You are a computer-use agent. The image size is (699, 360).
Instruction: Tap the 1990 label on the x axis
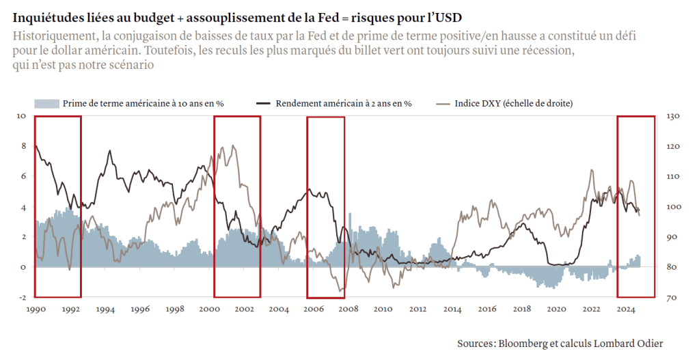pos(36,309)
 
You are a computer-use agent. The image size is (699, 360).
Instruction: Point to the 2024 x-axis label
pos(627,309)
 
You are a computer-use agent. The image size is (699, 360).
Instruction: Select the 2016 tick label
pos(487,309)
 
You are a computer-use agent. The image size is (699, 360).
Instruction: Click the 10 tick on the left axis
pos(20,116)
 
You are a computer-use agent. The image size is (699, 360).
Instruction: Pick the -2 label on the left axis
pos(20,298)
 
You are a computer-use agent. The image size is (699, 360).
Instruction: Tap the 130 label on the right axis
pos(672,116)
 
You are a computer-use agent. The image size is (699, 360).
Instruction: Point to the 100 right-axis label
pos(672,207)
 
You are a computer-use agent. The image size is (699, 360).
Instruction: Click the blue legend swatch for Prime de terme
pos(46,103)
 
